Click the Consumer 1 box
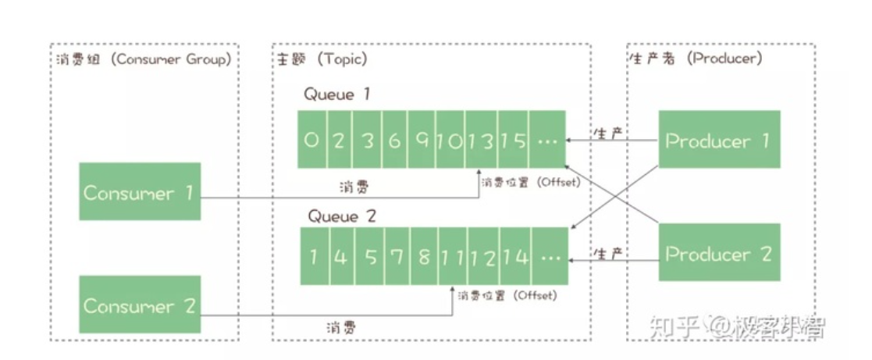coord(140,192)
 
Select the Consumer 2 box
coord(140,305)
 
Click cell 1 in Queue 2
coord(314,255)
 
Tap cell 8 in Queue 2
coord(424,255)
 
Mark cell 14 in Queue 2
coord(515,255)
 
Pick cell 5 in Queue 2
coord(368,255)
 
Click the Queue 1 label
coord(337,94)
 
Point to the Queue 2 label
coord(342,216)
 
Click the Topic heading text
coord(322,60)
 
